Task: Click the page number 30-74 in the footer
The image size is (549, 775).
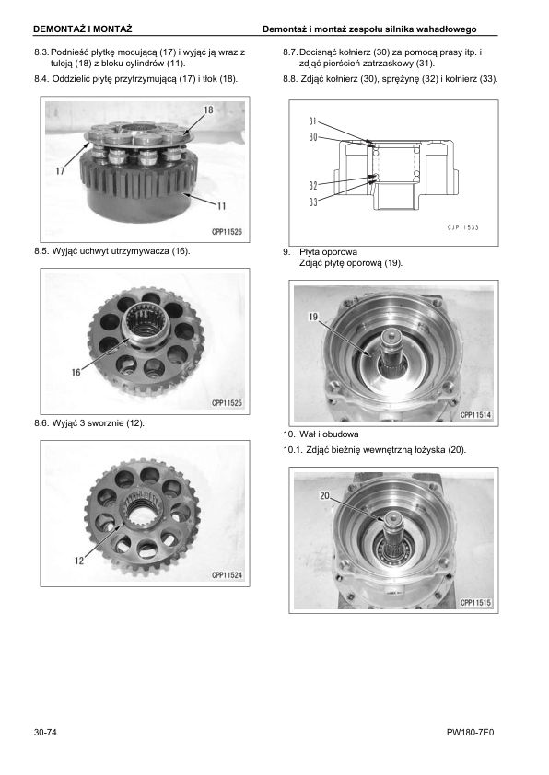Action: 45,732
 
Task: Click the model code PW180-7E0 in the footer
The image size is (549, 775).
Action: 470,732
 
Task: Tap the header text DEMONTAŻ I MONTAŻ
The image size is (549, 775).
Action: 83,29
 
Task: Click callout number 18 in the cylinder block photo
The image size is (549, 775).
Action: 209,110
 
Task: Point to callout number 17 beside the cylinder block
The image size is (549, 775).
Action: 61,171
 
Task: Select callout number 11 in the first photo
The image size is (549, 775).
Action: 221,205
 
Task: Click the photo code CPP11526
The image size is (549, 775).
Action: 227,231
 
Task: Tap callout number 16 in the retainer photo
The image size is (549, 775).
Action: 76,372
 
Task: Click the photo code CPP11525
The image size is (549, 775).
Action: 227,403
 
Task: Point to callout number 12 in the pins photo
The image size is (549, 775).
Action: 79,561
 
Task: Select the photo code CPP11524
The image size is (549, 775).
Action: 227,575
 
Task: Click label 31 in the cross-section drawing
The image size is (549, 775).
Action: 312,121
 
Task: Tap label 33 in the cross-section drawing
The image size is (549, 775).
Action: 313,202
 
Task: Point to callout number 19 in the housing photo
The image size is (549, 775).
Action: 313,317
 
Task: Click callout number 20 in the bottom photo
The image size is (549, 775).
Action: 324,495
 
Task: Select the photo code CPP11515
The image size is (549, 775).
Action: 476,603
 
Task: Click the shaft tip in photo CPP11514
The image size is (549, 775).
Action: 391,336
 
